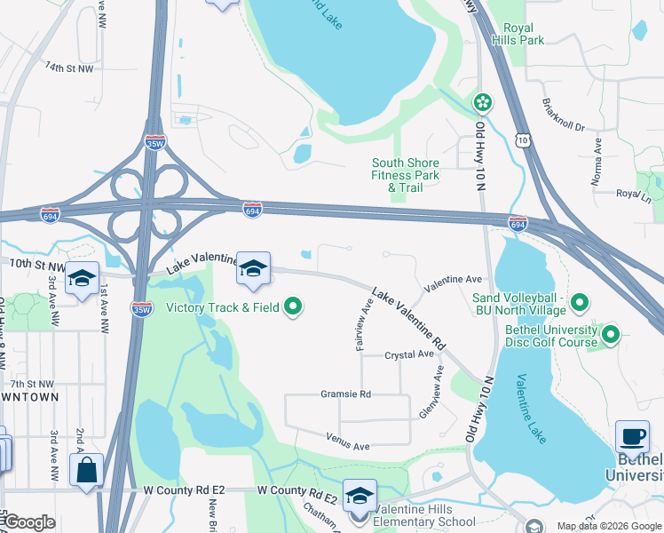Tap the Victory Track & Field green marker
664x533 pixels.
coord(293,308)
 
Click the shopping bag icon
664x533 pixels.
coord(86,470)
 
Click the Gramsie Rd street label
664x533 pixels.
coord(345,394)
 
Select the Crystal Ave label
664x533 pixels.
coord(408,354)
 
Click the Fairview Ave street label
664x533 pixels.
coord(363,325)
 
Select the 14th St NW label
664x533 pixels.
coord(68,68)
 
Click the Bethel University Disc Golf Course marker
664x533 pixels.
coord(611,335)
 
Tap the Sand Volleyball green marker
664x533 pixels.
coord(581,304)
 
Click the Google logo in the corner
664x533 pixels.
coord(28,522)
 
